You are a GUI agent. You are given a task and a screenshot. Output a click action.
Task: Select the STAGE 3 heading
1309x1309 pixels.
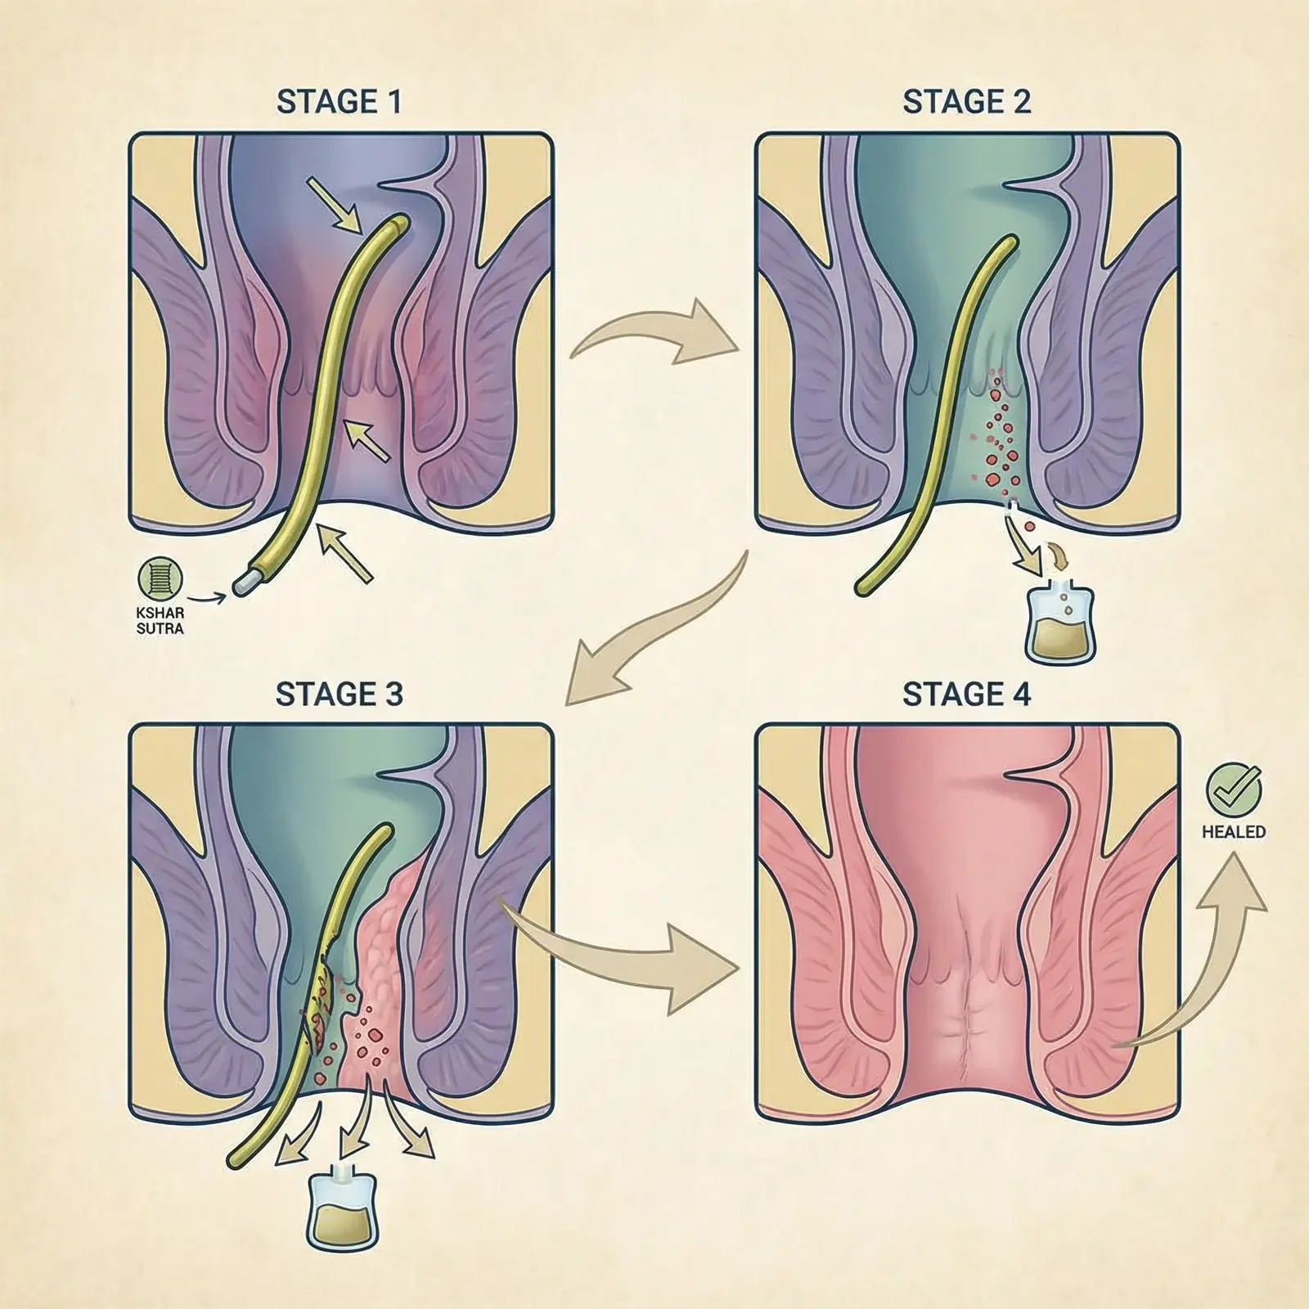point(339,694)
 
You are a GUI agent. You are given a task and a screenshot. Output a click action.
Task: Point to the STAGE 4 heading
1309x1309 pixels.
point(966,694)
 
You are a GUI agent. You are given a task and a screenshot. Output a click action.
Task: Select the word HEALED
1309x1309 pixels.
point(1234,832)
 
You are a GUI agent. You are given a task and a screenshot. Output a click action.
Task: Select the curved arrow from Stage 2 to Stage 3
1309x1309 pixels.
point(654,630)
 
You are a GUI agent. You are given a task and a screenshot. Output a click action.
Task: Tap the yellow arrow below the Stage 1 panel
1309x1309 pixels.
point(345,552)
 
